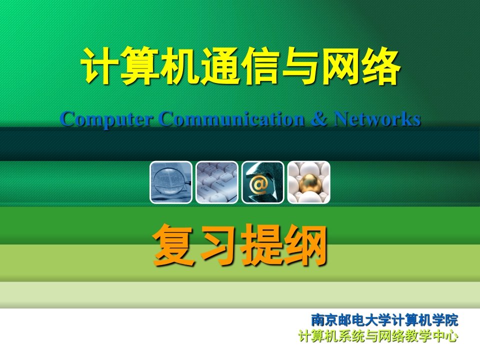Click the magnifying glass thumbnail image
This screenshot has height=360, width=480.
(x=171, y=182)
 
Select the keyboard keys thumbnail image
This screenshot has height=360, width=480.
(x=217, y=182)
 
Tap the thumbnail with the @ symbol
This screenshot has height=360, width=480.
(x=263, y=182)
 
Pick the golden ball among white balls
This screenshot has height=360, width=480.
(x=308, y=182)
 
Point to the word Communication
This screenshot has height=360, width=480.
(x=231, y=119)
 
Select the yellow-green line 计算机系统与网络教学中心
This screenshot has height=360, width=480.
(x=378, y=336)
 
